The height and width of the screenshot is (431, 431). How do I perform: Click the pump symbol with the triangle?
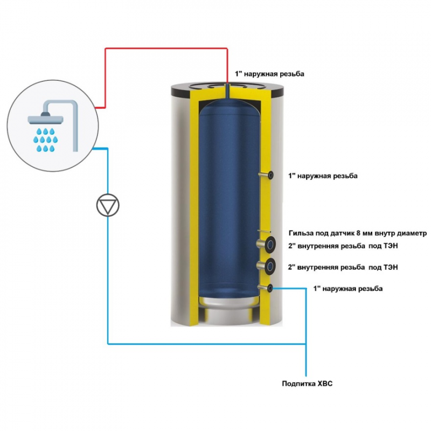pos(107,205)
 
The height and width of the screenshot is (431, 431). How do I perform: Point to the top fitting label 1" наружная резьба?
pos(269,73)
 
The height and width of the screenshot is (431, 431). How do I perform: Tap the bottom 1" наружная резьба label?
pos(348,289)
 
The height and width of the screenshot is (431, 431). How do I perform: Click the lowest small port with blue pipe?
pos(269,288)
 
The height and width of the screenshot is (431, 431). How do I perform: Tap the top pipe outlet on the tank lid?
pos(228,86)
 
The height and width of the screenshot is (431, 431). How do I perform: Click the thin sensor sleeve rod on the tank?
pos(266,232)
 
